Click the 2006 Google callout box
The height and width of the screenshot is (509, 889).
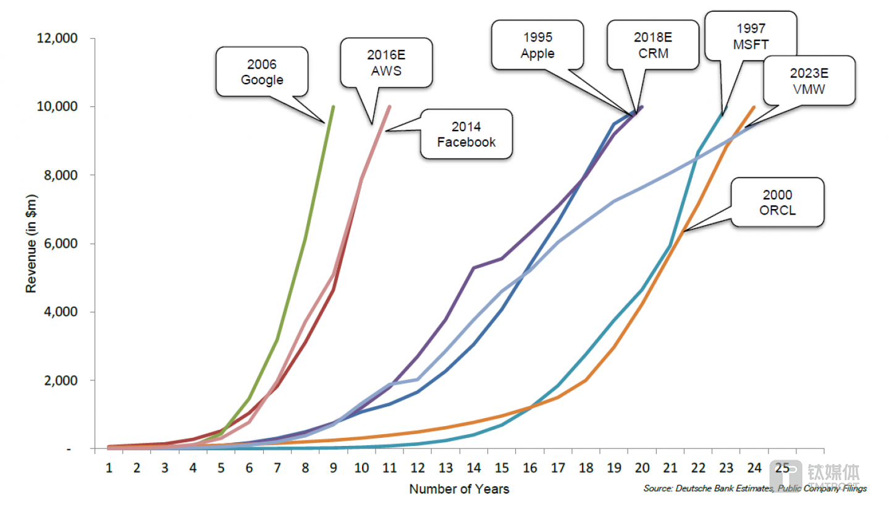pyautogui.click(x=262, y=72)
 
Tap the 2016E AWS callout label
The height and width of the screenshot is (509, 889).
pyautogui.click(x=387, y=62)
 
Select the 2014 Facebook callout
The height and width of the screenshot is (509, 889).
pyautogui.click(x=466, y=134)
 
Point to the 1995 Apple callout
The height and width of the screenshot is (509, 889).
pyautogui.click(x=537, y=45)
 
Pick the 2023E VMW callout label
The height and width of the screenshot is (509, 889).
pyautogui.click(x=809, y=80)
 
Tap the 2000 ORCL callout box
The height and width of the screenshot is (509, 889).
pyautogui.click(x=777, y=202)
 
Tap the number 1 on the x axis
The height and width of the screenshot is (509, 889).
pyautogui.click(x=109, y=468)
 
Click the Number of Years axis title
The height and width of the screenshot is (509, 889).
pyautogui.click(x=459, y=489)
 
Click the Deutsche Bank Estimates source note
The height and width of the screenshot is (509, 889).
pyautogui.click(x=754, y=489)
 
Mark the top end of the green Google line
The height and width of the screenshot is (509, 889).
pyautogui.click(x=333, y=107)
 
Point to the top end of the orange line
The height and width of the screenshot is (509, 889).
pyautogui.click(x=753, y=107)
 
